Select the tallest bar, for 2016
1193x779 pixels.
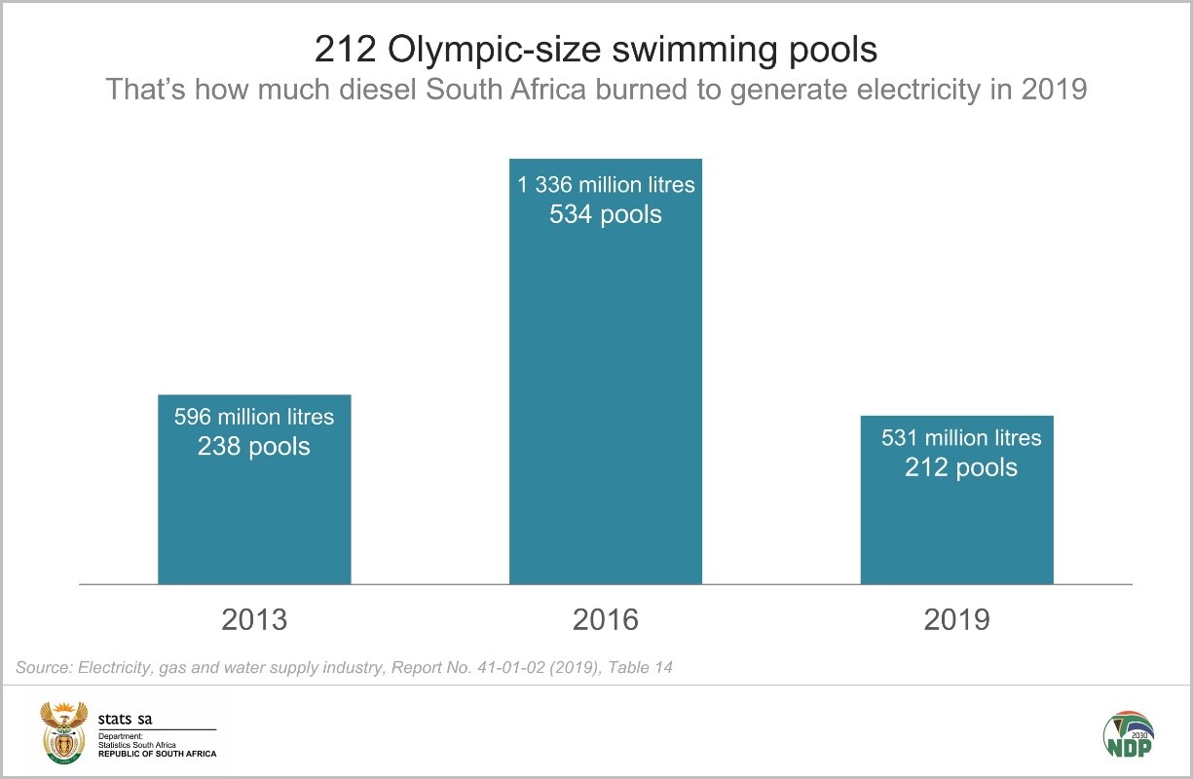pyautogui.click(x=606, y=389)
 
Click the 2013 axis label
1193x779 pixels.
pyautogui.click(x=254, y=619)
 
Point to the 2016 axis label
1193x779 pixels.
pyautogui.click(x=606, y=619)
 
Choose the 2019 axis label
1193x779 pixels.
pyautogui.click(x=956, y=619)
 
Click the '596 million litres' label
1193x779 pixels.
pyautogui.click(x=254, y=417)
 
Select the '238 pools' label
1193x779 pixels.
pyautogui.click(x=254, y=447)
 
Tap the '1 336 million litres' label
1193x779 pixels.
pyautogui.click(x=606, y=184)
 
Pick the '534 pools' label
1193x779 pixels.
pyautogui.click(x=606, y=214)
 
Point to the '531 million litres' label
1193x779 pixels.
pyautogui.click(x=961, y=438)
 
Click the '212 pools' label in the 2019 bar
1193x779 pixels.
pyautogui.click(x=961, y=468)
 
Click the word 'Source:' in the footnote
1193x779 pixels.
pyautogui.click(x=43, y=668)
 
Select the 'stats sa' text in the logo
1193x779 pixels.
pyautogui.click(x=125, y=720)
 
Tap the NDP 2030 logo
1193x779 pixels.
pyautogui.click(x=1127, y=732)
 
